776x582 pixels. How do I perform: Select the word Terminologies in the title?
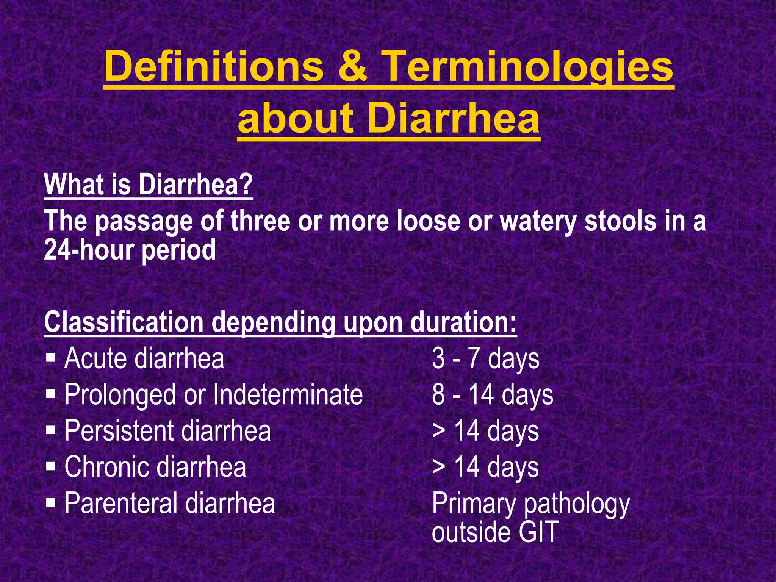tap(528, 67)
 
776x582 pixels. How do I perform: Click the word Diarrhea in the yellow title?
tap(453, 118)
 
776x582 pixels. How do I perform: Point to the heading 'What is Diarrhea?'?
tap(148, 185)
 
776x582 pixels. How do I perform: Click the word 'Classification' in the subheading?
tap(124, 322)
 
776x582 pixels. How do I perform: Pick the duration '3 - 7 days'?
tap(485, 358)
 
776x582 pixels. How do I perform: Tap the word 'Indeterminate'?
tap(288, 394)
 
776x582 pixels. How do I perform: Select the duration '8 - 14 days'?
tap(492, 394)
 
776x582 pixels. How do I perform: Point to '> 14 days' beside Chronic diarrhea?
tap(485, 467)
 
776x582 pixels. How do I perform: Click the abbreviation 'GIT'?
tap(538, 532)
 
